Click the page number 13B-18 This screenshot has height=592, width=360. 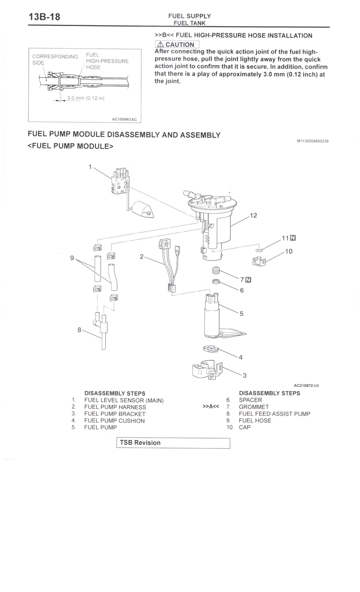coord(44,17)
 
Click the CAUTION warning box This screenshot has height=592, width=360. coord(177,44)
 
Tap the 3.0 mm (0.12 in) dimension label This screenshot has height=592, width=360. coord(85,98)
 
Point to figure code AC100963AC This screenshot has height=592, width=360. coord(125,119)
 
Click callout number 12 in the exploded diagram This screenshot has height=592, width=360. coord(253,215)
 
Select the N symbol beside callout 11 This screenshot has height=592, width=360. coord(293,238)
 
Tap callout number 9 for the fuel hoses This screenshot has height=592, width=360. coord(72,258)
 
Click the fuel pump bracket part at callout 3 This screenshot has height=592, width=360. coord(207,369)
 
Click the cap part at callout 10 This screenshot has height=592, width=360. coord(259,261)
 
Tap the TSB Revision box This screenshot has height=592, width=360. coord(173,443)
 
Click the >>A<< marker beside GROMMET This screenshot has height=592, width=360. coord(211,407)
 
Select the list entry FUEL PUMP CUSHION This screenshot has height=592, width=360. coord(114,421)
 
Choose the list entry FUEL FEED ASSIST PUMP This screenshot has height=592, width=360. coord(274,414)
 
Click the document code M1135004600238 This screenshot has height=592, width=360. coord(313,141)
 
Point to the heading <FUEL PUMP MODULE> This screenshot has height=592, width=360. coord(70,146)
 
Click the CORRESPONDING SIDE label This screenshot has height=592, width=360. coord(55,60)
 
